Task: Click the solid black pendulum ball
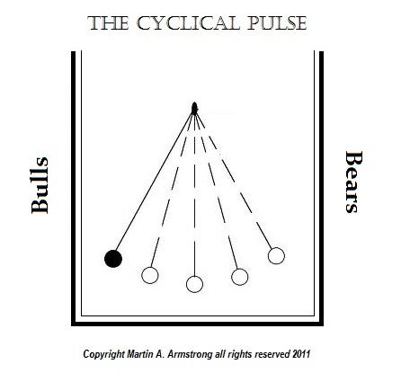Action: pyautogui.click(x=113, y=259)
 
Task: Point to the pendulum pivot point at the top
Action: pyautogui.click(x=194, y=109)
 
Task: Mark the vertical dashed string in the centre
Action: pyautogui.click(x=194, y=195)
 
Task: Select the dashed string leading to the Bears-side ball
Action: pyautogui.click(x=235, y=182)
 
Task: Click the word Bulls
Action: pyautogui.click(x=40, y=185)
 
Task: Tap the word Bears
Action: pyautogui.click(x=354, y=182)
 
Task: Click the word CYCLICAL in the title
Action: pyautogui.click(x=188, y=23)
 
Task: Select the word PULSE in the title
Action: pyautogui.click(x=277, y=23)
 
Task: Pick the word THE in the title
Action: pyautogui.click(x=108, y=23)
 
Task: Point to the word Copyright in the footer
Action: pyautogui.click(x=103, y=354)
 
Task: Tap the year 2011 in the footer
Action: pyautogui.click(x=301, y=354)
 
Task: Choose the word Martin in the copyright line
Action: pyautogui.click(x=138, y=354)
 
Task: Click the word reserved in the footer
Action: pyautogui.click(x=272, y=354)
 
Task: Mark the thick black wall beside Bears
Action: pyautogui.click(x=321, y=187)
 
